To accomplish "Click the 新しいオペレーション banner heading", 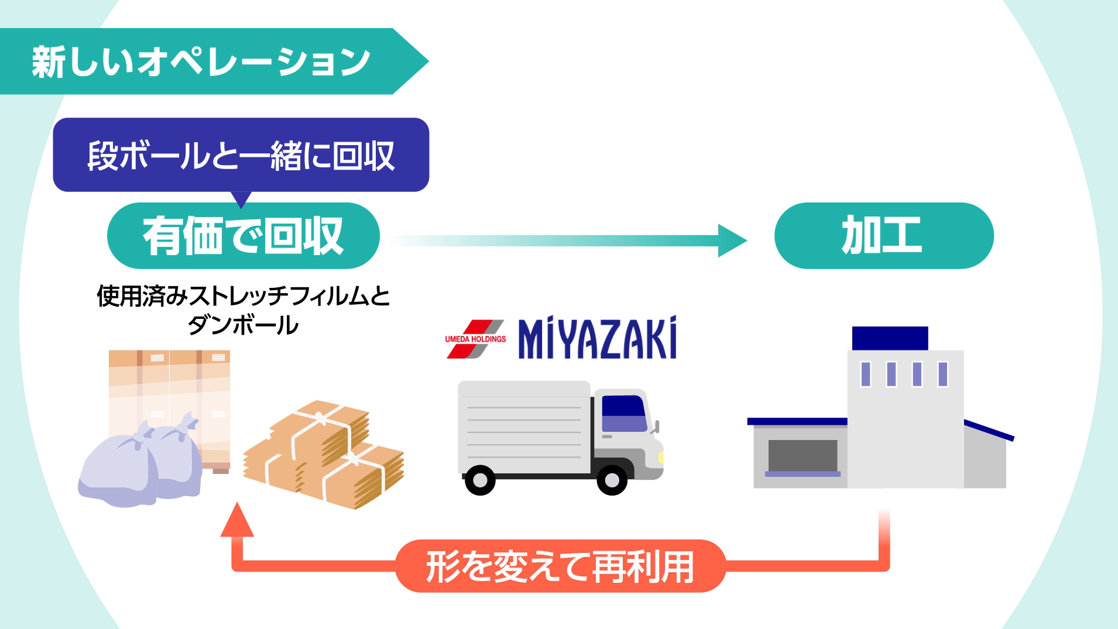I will click(x=201, y=61).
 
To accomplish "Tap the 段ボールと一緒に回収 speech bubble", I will click(x=241, y=155).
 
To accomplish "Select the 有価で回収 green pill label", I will click(x=243, y=236).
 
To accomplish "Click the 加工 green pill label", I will click(x=883, y=236).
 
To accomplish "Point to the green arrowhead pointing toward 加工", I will click(x=732, y=240).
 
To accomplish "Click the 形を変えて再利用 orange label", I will click(x=560, y=566).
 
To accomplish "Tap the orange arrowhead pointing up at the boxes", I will click(x=237, y=521).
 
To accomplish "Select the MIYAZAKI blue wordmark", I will click(x=597, y=338).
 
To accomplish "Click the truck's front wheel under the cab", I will click(x=612, y=480).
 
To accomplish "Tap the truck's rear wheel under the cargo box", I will click(x=480, y=480).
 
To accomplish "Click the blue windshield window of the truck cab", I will click(x=624, y=413).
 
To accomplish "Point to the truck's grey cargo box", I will click(x=524, y=427).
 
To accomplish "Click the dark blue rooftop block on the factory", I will click(x=890, y=338).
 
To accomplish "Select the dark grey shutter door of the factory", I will click(x=803, y=455).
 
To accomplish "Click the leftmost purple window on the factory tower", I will click(x=866, y=374).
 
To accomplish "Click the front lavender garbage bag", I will click(x=117, y=471).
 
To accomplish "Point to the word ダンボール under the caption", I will click(x=243, y=325).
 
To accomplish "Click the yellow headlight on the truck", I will click(x=661, y=457).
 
